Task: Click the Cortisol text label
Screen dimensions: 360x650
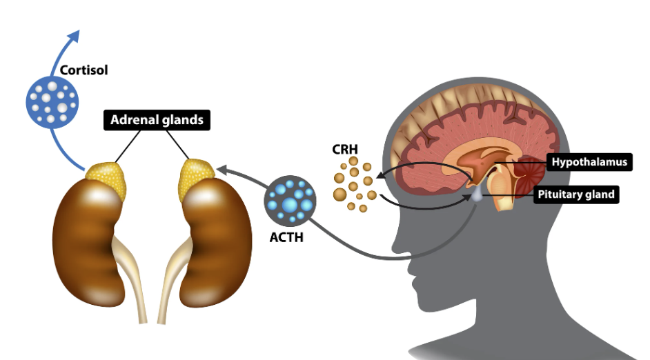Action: (83, 70)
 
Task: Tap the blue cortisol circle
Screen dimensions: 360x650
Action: (50, 102)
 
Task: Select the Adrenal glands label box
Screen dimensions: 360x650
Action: (157, 119)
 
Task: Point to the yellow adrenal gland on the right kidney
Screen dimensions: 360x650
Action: (196, 179)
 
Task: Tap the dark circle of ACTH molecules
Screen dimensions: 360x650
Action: (290, 201)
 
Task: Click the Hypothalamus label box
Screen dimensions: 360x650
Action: (589, 163)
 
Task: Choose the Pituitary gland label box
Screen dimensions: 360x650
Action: (575, 194)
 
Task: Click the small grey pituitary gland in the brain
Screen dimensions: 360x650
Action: (477, 196)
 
